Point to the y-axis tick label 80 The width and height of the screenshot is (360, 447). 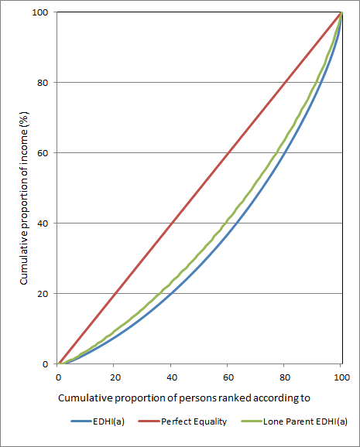click(x=43, y=83)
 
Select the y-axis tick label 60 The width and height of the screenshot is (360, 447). click(x=43, y=153)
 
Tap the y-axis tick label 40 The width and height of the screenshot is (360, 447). click(x=43, y=223)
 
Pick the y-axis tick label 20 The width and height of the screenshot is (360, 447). click(x=43, y=294)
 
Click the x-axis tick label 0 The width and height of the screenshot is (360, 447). click(x=58, y=376)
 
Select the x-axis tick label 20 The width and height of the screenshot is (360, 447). click(x=115, y=376)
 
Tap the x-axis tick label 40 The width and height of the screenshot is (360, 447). click(x=171, y=376)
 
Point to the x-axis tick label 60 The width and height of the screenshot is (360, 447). click(x=228, y=376)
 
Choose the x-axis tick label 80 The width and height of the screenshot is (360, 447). click(x=284, y=376)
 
